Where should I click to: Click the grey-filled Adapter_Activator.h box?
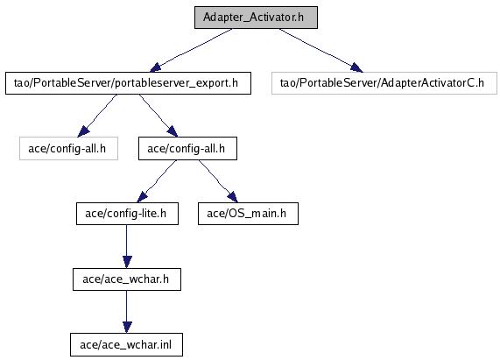[256, 18]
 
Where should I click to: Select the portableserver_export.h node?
[128, 83]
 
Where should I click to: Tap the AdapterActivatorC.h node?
[384, 83]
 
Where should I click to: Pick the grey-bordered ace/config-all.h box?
[68, 149]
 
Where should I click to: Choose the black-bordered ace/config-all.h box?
[187, 149]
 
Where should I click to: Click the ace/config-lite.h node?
[127, 214]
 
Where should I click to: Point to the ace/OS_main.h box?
[248, 214]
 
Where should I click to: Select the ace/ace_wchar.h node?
[127, 279]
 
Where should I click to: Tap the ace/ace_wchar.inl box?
[127, 345]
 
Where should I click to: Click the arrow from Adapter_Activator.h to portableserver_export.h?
[191, 50]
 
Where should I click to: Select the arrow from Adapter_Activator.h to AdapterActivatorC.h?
[320, 50]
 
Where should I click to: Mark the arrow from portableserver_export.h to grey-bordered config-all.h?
[98, 115]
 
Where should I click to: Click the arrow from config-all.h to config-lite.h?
[157, 181]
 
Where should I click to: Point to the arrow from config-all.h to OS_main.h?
[218, 181]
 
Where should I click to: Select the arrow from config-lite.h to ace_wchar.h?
[127, 246]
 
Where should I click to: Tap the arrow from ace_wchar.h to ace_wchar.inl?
[127, 312]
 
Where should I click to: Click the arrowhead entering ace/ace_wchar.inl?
[127, 328]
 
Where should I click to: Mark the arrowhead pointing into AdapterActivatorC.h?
[357, 68]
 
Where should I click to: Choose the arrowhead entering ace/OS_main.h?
[233, 197]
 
